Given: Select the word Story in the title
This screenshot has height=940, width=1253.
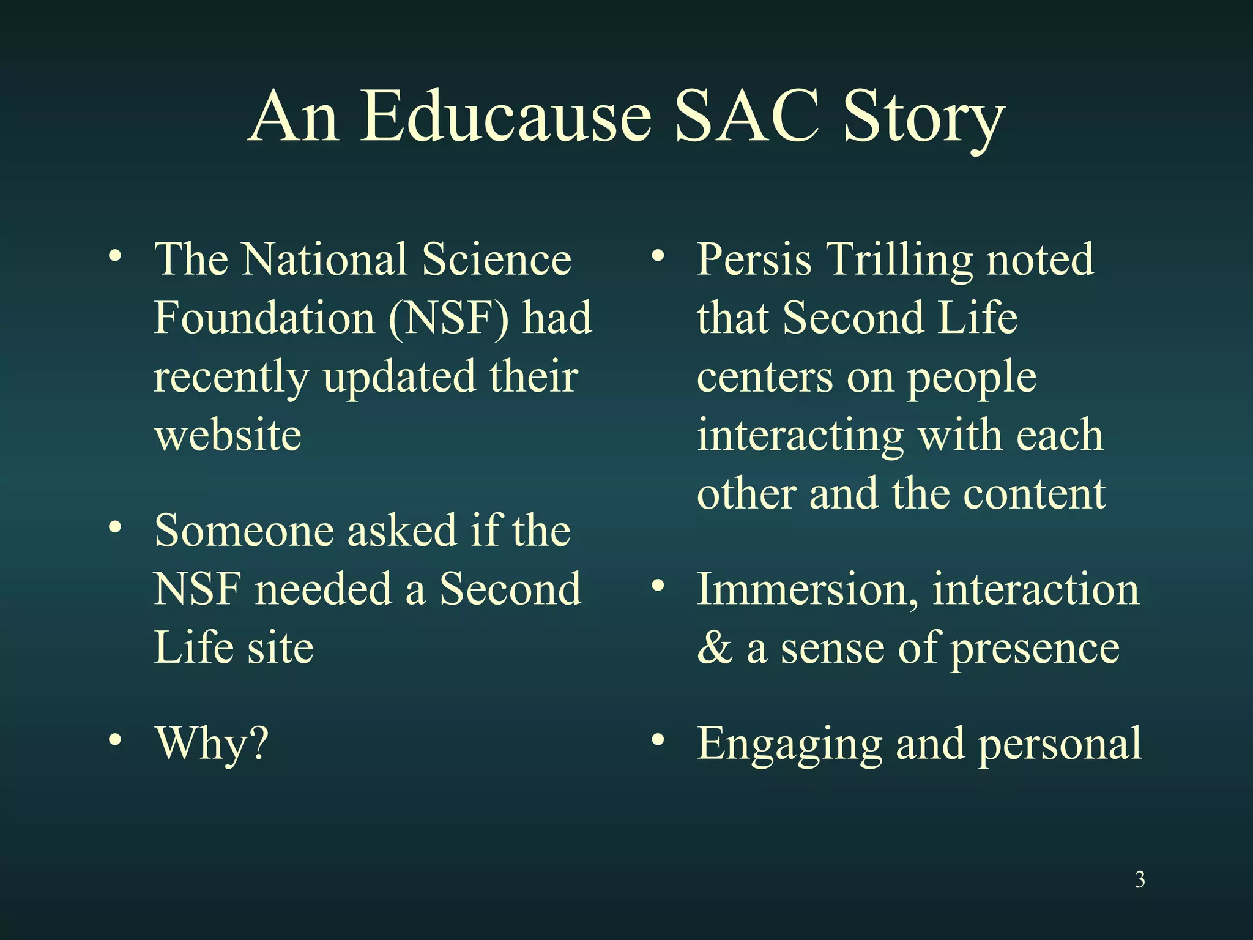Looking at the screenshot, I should click(x=923, y=119).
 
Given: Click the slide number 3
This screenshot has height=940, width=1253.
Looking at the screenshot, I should click(x=1140, y=879).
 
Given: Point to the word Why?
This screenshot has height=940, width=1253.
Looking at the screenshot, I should click(x=212, y=744).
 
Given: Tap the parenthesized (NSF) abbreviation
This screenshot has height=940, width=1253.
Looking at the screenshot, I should click(x=448, y=318).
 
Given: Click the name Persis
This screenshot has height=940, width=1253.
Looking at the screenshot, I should click(x=754, y=259).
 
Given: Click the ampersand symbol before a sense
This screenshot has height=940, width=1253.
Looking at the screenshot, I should click(x=715, y=648).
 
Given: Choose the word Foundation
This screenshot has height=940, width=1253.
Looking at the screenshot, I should click(x=264, y=318).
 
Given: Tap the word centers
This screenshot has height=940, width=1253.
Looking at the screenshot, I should click(x=765, y=377).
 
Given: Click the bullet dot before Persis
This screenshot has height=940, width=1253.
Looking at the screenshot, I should click(x=658, y=256).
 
